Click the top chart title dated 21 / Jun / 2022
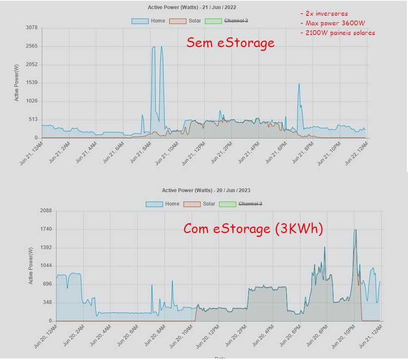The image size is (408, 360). [x=200, y=8]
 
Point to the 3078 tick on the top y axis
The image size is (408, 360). [x=31, y=27]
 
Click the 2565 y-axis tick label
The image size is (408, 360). [x=31, y=46]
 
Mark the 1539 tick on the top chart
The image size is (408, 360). [x=31, y=82]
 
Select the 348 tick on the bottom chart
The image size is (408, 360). [x=47, y=302]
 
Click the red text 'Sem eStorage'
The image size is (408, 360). [x=230, y=43]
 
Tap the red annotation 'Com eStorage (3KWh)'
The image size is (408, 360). [x=253, y=228]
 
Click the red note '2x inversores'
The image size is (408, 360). [x=326, y=14]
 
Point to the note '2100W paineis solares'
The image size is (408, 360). [x=340, y=33]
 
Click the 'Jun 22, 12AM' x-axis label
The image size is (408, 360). [x=356, y=152]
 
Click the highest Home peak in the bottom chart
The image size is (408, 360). [x=354, y=230]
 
